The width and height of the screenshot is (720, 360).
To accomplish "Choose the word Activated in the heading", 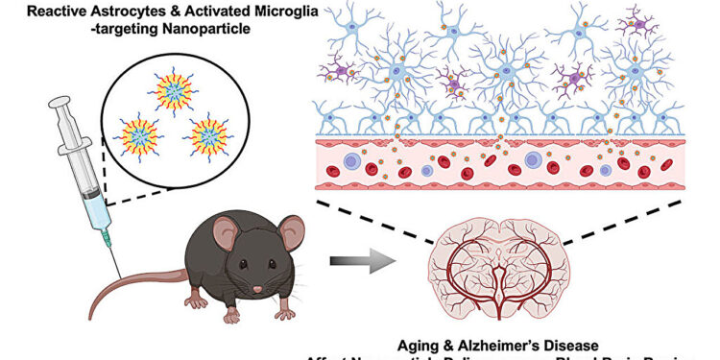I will (x=209, y=10).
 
